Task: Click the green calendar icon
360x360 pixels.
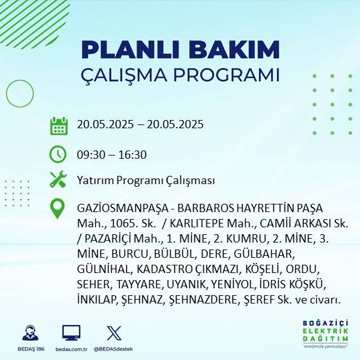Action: (x=58, y=125)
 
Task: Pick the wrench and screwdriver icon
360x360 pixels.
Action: (x=58, y=180)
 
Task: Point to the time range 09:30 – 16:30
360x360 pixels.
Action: (x=112, y=154)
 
